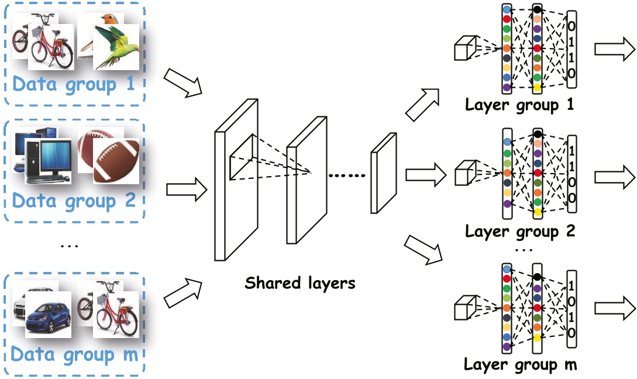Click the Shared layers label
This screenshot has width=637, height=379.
300,283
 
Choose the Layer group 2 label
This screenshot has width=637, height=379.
519,231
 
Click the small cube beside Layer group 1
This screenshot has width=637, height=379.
466,49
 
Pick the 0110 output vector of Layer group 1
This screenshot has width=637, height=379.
571,50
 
